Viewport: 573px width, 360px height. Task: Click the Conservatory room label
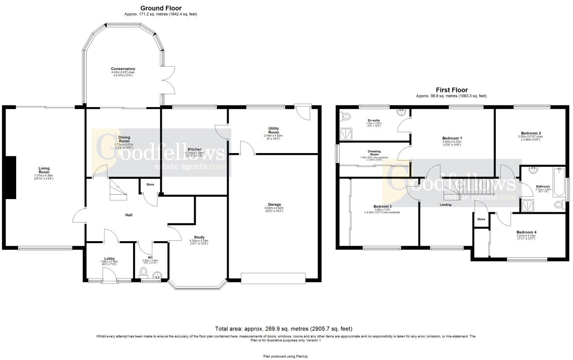tap(123, 69)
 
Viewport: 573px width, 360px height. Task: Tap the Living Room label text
tap(44, 170)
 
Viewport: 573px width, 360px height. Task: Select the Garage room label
tap(274, 205)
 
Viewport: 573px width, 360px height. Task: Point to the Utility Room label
tap(273, 130)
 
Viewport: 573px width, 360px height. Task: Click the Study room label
tap(199, 237)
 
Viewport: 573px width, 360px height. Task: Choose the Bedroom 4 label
tap(526, 232)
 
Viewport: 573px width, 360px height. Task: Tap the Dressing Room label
tap(374, 153)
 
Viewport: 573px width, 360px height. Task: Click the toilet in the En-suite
tap(346, 116)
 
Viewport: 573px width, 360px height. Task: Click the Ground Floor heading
tap(161, 8)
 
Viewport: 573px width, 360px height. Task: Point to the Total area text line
tap(283, 329)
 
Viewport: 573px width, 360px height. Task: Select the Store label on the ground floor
tap(150, 185)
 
